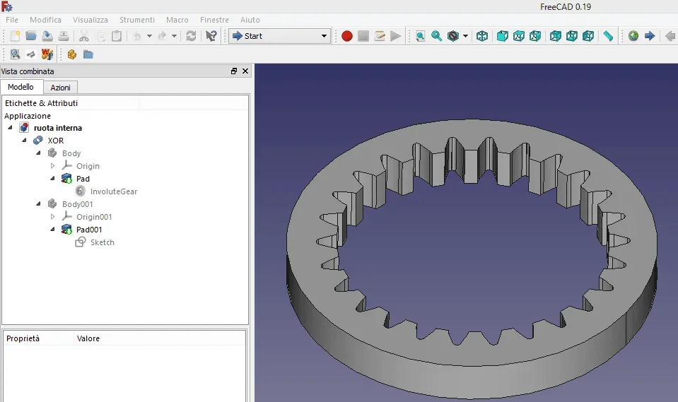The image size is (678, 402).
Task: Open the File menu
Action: pyautogui.click(x=12, y=20)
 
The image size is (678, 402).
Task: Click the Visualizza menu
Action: pyautogui.click(x=90, y=20)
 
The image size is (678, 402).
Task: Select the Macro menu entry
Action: pyautogui.click(x=177, y=20)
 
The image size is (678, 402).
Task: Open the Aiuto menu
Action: pyautogui.click(x=250, y=20)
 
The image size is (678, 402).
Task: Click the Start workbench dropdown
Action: pyautogui.click(x=280, y=36)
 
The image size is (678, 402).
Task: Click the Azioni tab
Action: pyautogui.click(x=61, y=88)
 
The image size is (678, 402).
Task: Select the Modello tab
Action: pyautogui.click(x=21, y=87)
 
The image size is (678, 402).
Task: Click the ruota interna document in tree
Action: pyautogui.click(x=58, y=128)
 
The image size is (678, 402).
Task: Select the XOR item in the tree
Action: pyautogui.click(x=56, y=141)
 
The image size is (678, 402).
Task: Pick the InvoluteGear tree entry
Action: pyautogui.click(x=114, y=191)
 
